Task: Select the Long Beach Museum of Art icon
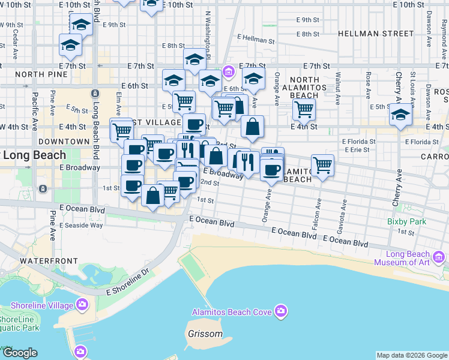point(439,258)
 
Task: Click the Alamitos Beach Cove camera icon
point(280,311)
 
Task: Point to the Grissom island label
point(205,334)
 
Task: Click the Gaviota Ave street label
point(344,212)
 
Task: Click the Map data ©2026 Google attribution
point(412,355)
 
